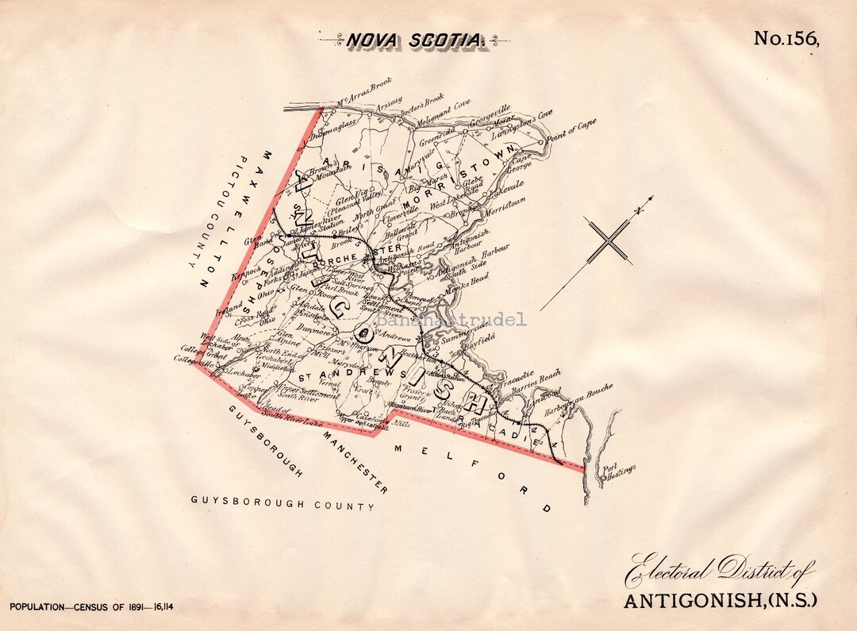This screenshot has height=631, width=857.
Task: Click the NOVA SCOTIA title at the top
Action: point(412,39)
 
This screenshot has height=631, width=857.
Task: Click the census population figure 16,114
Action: point(158,607)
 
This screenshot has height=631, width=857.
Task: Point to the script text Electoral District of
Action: point(718,569)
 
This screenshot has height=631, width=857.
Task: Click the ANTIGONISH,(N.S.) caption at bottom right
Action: point(719,600)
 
